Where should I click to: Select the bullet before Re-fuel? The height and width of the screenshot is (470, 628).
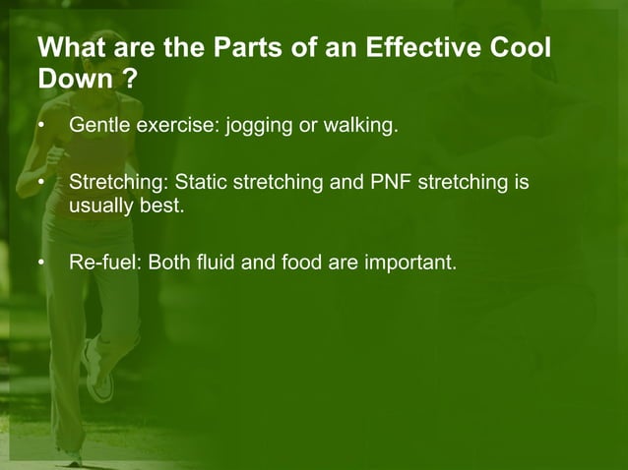pos(40,264)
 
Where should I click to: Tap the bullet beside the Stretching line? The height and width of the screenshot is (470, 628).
pos(40,184)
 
